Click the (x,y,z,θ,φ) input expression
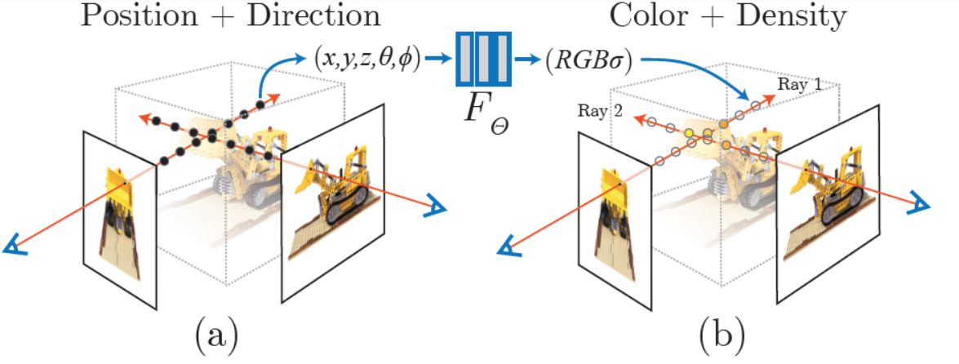pos(366,59)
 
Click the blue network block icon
pos(483,59)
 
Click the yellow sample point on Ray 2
pos(690,132)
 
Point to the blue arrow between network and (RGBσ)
pos(529,59)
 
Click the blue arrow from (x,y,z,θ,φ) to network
pos(437,59)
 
